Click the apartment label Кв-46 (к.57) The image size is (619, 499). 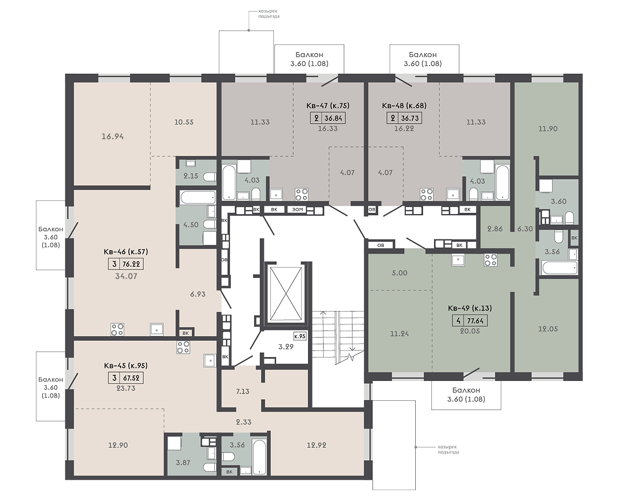[125, 252]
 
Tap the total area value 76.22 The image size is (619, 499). [132, 264]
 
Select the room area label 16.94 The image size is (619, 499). [113, 136]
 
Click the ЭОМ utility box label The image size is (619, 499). [298, 209]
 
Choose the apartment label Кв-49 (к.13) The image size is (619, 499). [470, 308]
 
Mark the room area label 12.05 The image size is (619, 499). [548, 329]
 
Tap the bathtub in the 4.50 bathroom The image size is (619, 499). [198, 198]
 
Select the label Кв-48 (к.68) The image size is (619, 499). [404, 106]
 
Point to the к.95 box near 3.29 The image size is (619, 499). [300, 336]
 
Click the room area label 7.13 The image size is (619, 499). [243, 391]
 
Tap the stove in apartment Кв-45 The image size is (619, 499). [183, 347]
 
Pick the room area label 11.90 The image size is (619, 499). [548, 129]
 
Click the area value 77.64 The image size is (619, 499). [476, 321]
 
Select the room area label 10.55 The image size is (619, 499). [184, 122]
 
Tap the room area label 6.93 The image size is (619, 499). [198, 294]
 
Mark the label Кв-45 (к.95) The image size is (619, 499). [125, 366]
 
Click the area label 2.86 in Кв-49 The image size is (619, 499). [495, 228]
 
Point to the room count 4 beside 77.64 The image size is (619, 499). [459, 321]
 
